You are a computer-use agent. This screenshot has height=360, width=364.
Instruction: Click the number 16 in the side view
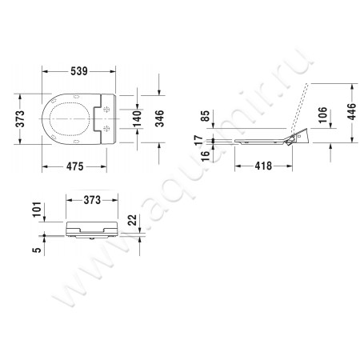click(206, 156)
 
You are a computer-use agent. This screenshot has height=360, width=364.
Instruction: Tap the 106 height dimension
click(325, 116)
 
